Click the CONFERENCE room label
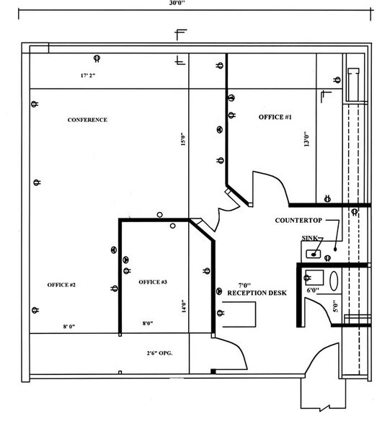(x=87, y=120)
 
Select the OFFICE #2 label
(x=61, y=286)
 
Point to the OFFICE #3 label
(x=153, y=281)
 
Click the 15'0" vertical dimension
(x=183, y=138)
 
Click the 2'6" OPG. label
(x=159, y=353)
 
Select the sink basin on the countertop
(x=313, y=253)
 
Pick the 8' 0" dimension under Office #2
(x=69, y=327)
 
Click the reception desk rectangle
(x=241, y=314)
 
